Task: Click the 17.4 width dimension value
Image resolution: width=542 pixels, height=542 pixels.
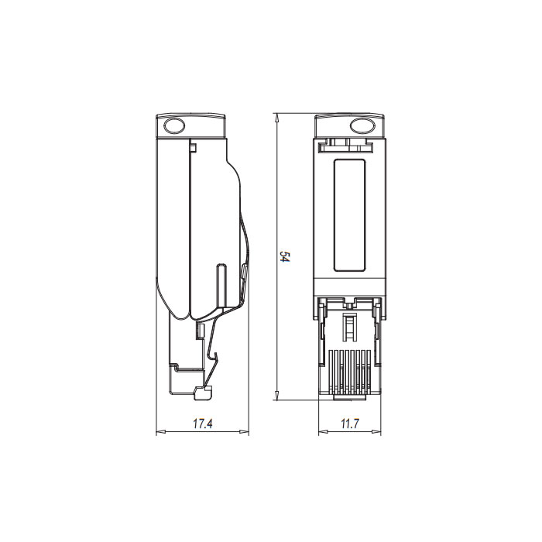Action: click(x=202, y=424)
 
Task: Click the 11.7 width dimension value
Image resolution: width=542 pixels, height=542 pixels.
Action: click(x=350, y=424)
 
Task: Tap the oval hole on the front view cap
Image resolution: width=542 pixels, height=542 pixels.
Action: click(x=362, y=125)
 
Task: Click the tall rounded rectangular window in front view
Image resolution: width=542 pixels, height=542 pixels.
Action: click(x=349, y=215)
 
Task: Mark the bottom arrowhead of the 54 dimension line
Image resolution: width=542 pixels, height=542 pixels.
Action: click(x=276, y=398)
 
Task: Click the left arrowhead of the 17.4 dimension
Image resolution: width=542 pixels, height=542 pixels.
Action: click(x=160, y=432)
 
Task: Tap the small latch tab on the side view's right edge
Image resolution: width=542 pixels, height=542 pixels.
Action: click(x=245, y=272)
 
